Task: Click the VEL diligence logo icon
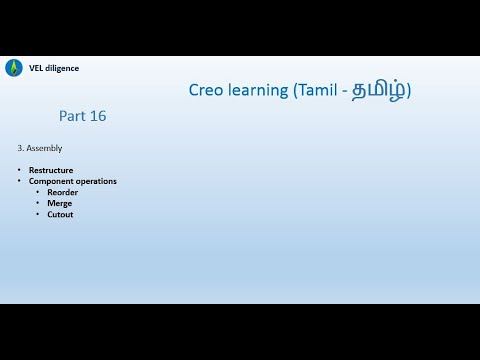point(13,68)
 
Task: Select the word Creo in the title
point(208,90)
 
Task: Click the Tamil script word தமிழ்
point(379,90)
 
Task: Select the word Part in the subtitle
point(72,116)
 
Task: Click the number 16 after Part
point(97,116)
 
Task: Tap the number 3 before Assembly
point(20,148)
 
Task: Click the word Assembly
point(45,148)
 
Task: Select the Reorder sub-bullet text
point(62,192)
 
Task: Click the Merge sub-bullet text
point(59,203)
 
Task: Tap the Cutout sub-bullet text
point(60,214)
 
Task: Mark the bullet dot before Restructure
point(19,170)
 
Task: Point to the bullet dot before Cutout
point(37,214)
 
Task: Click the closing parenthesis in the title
point(407,90)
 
